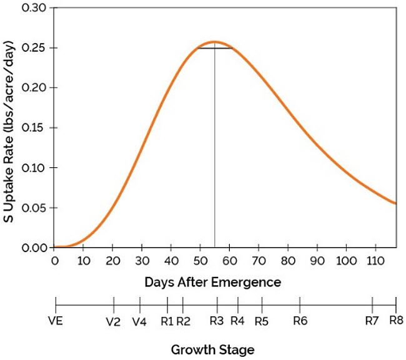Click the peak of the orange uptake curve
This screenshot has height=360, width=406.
coord(214,42)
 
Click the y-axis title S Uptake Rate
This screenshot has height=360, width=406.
coord(11,128)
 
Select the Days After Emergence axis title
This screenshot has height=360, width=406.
coord(212,282)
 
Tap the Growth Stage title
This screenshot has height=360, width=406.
coord(212,349)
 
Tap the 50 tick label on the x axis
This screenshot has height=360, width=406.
coord(200,260)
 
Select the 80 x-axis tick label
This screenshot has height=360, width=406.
coord(287,260)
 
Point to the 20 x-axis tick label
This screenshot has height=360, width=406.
coord(112,260)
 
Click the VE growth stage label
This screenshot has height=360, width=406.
coord(56,322)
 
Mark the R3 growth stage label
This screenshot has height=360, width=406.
coord(217,322)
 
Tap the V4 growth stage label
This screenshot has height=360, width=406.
coord(140,322)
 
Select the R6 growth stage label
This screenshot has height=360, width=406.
coord(300,322)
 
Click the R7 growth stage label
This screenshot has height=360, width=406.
coord(372,322)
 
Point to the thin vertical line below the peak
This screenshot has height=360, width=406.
coord(214,156)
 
